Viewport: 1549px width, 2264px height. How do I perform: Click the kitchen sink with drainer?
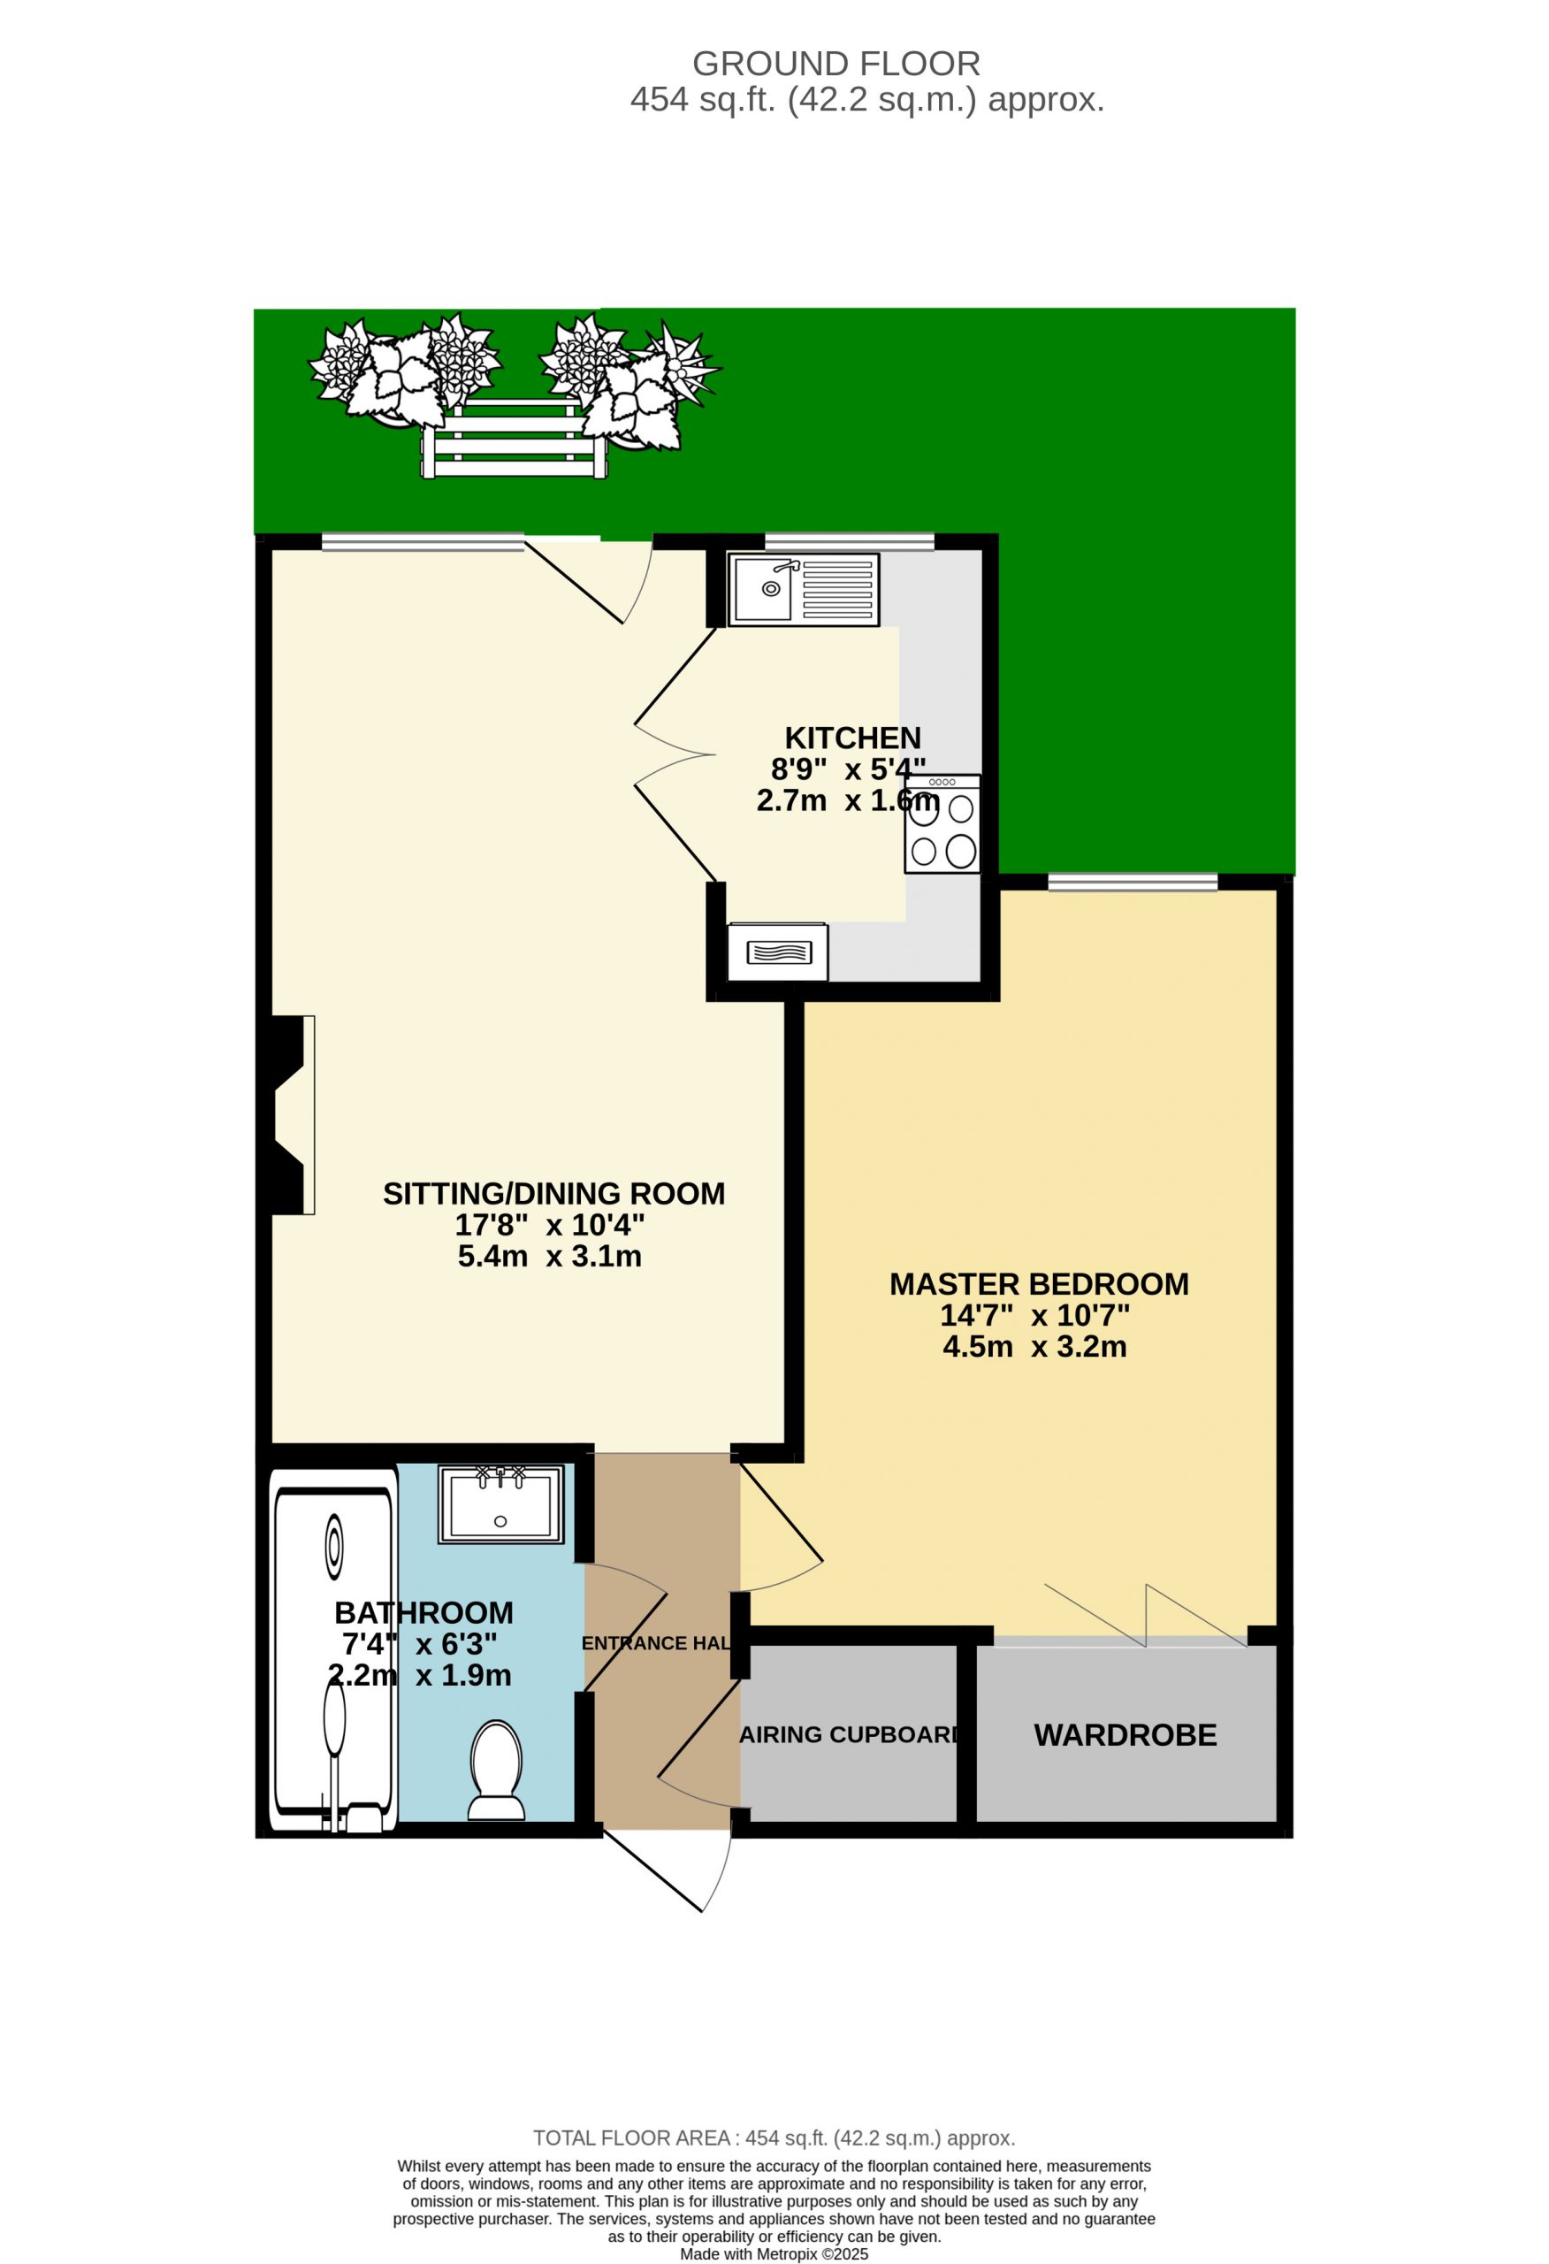[x=803, y=589]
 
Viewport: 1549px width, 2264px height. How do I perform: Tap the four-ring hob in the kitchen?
[x=942, y=824]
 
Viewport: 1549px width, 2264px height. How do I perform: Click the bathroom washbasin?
[x=500, y=1504]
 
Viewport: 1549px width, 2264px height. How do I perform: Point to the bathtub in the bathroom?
[x=333, y=1650]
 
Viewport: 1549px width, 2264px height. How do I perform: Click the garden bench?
[x=514, y=438]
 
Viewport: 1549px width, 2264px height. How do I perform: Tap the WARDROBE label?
[x=1126, y=1735]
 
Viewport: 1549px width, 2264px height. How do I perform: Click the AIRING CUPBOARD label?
[x=850, y=1735]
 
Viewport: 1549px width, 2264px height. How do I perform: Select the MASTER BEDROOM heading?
[x=1039, y=1284]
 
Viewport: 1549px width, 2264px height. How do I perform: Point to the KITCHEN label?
[x=852, y=738]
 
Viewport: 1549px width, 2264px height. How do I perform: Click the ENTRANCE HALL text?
[x=656, y=1643]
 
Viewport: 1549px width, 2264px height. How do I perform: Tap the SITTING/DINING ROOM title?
[x=553, y=1193]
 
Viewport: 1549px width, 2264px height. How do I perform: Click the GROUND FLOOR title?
[x=836, y=64]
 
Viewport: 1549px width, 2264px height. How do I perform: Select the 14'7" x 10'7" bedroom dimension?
[x=1034, y=1315]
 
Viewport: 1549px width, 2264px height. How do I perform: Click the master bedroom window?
[x=1133, y=882]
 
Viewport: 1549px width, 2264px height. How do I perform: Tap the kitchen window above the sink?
[x=850, y=541]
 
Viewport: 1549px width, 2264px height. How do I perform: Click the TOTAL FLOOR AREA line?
[x=774, y=2138]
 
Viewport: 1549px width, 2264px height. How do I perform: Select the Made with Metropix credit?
[x=774, y=2253]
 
